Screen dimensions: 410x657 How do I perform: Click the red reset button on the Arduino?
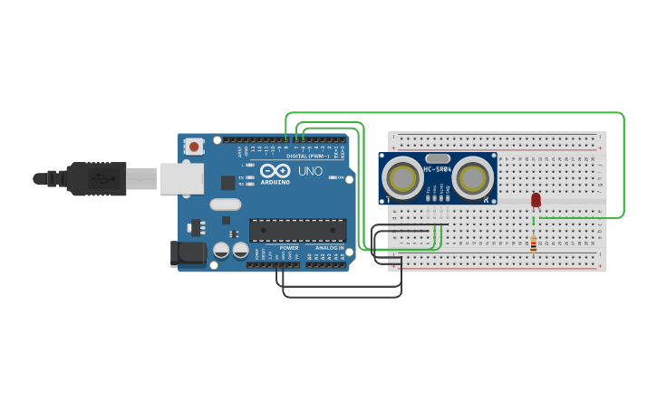pyautogui.click(x=194, y=146)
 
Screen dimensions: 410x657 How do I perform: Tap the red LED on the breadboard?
pyautogui.click(x=536, y=199)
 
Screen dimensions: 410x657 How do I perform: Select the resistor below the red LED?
pyautogui.click(x=533, y=243)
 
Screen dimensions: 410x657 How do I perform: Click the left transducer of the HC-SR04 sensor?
pyautogui.click(x=401, y=178)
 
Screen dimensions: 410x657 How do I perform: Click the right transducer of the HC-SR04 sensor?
pyautogui.click(x=473, y=178)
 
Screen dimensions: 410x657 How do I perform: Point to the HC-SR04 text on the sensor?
pyautogui.click(x=437, y=169)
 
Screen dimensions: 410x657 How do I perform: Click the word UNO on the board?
pyautogui.click(x=310, y=171)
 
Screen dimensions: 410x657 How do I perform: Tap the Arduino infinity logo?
pyautogui.click(x=275, y=170)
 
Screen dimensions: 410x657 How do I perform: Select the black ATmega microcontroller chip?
pyautogui.click(x=297, y=230)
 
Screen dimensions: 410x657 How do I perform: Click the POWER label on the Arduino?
pyautogui.click(x=289, y=247)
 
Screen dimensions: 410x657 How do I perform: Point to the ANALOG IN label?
pyautogui.click(x=329, y=247)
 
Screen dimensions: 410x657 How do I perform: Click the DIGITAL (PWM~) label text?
pyautogui.click(x=306, y=156)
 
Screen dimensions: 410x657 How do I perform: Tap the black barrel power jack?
pyautogui.click(x=189, y=253)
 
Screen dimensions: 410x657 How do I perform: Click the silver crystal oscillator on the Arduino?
pyautogui.click(x=226, y=205)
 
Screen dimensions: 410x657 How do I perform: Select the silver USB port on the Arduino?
pyautogui.click(x=181, y=178)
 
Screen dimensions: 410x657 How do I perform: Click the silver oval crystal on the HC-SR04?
pyautogui.click(x=437, y=158)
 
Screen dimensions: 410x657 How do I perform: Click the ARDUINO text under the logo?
pyautogui.click(x=275, y=182)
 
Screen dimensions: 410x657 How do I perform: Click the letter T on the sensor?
pyautogui.click(x=389, y=199)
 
